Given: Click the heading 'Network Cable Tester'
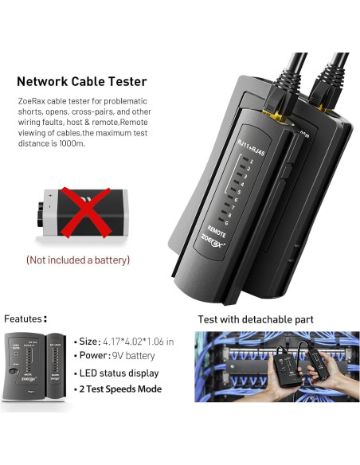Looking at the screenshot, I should pos(82,81).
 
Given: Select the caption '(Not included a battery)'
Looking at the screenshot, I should pos(77,260).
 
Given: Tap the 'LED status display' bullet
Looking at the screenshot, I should pos(119,373).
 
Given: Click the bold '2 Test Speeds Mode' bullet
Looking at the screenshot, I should pos(121,389).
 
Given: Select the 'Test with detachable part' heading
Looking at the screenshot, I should pos(256,319).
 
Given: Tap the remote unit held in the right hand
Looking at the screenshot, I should pos(311,372).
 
